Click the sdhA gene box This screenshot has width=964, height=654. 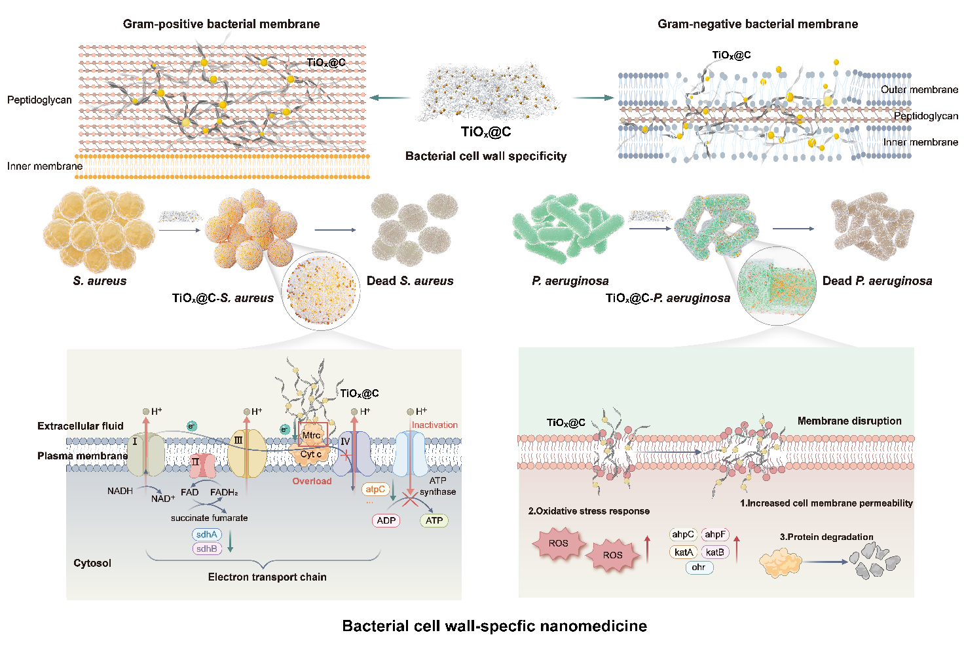coord(206,535)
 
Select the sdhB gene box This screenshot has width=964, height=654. coord(206,549)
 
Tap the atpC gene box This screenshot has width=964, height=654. coord(375,489)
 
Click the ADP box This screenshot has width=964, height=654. coord(386,520)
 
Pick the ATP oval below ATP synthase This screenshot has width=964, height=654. coord(434,520)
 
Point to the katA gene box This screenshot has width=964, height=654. coord(684,552)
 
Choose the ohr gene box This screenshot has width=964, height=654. coord(699,567)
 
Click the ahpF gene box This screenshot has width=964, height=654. coord(715,535)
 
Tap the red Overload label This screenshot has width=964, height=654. coord(312,481)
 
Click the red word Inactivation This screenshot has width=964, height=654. coord(435,425)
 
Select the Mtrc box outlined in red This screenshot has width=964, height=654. coord(312,435)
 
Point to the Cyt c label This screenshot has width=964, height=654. coord(311,454)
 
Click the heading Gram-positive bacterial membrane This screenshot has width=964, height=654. coord(221,24)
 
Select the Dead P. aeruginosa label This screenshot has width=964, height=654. coord(877,280)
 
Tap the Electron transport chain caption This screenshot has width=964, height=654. coord(267,577)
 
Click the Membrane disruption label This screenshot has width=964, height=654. coord(849,421)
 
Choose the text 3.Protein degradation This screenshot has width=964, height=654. coord(826,537)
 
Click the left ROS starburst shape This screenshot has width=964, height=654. coord(559,543)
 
